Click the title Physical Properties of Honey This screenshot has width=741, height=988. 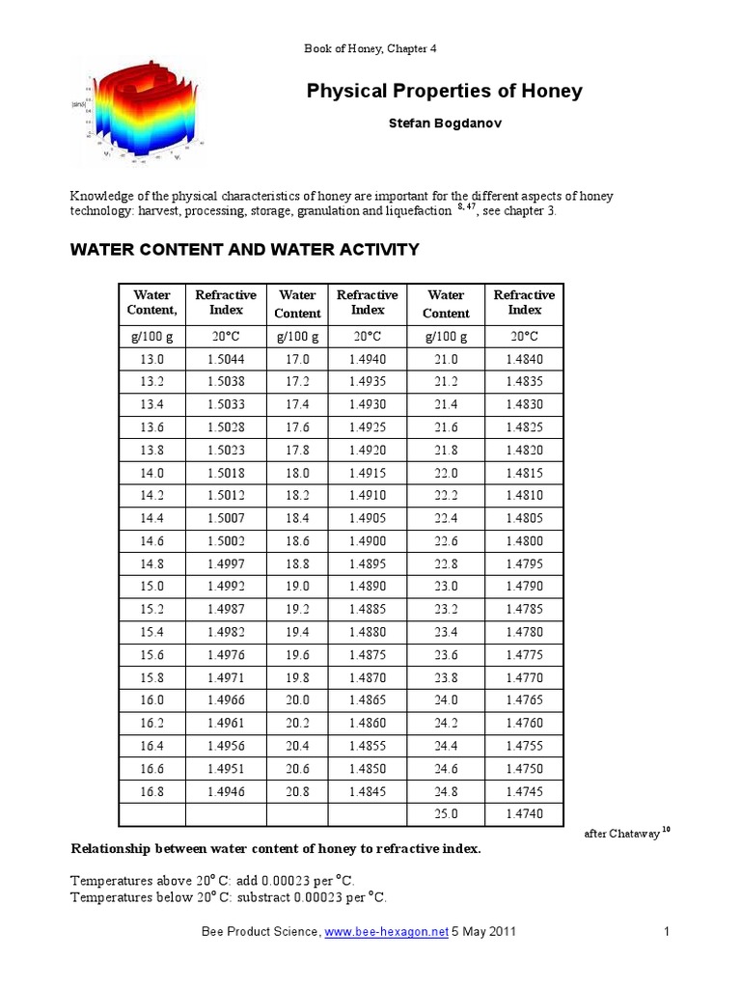tap(444, 92)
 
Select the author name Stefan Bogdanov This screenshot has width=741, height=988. tap(444, 123)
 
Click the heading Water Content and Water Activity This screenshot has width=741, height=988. tap(244, 250)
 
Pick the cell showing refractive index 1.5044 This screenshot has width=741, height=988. tap(226, 359)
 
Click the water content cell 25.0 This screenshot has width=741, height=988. tap(446, 813)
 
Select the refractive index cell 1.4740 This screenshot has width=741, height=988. tap(524, 813)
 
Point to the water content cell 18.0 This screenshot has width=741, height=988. tap(297, 473)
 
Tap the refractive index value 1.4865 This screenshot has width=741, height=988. tap(368, 700)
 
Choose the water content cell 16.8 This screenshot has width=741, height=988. tap(151, 790)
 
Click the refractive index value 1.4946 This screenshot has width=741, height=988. tap(226, 790)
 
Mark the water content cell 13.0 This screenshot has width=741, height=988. tap(151, 359)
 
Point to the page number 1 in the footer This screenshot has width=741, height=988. tap(667, 932)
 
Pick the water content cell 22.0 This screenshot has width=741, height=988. tap(446, 473)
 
